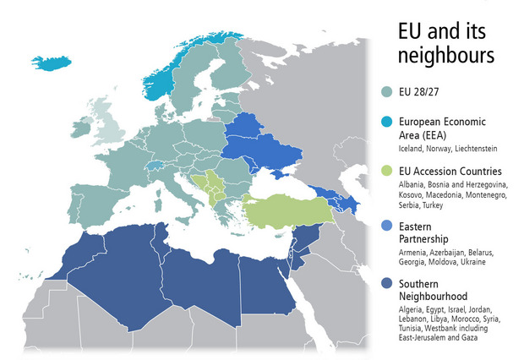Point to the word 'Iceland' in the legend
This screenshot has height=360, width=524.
pyautogui.click(x=412, y=149)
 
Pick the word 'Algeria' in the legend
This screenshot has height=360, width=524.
pyautogui.click(x=412, y=310)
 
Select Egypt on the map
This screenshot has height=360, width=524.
pyautogui.click(x=265, y=283)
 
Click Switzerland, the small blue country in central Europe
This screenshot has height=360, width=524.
pyautogui.click(x=156, y=166)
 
